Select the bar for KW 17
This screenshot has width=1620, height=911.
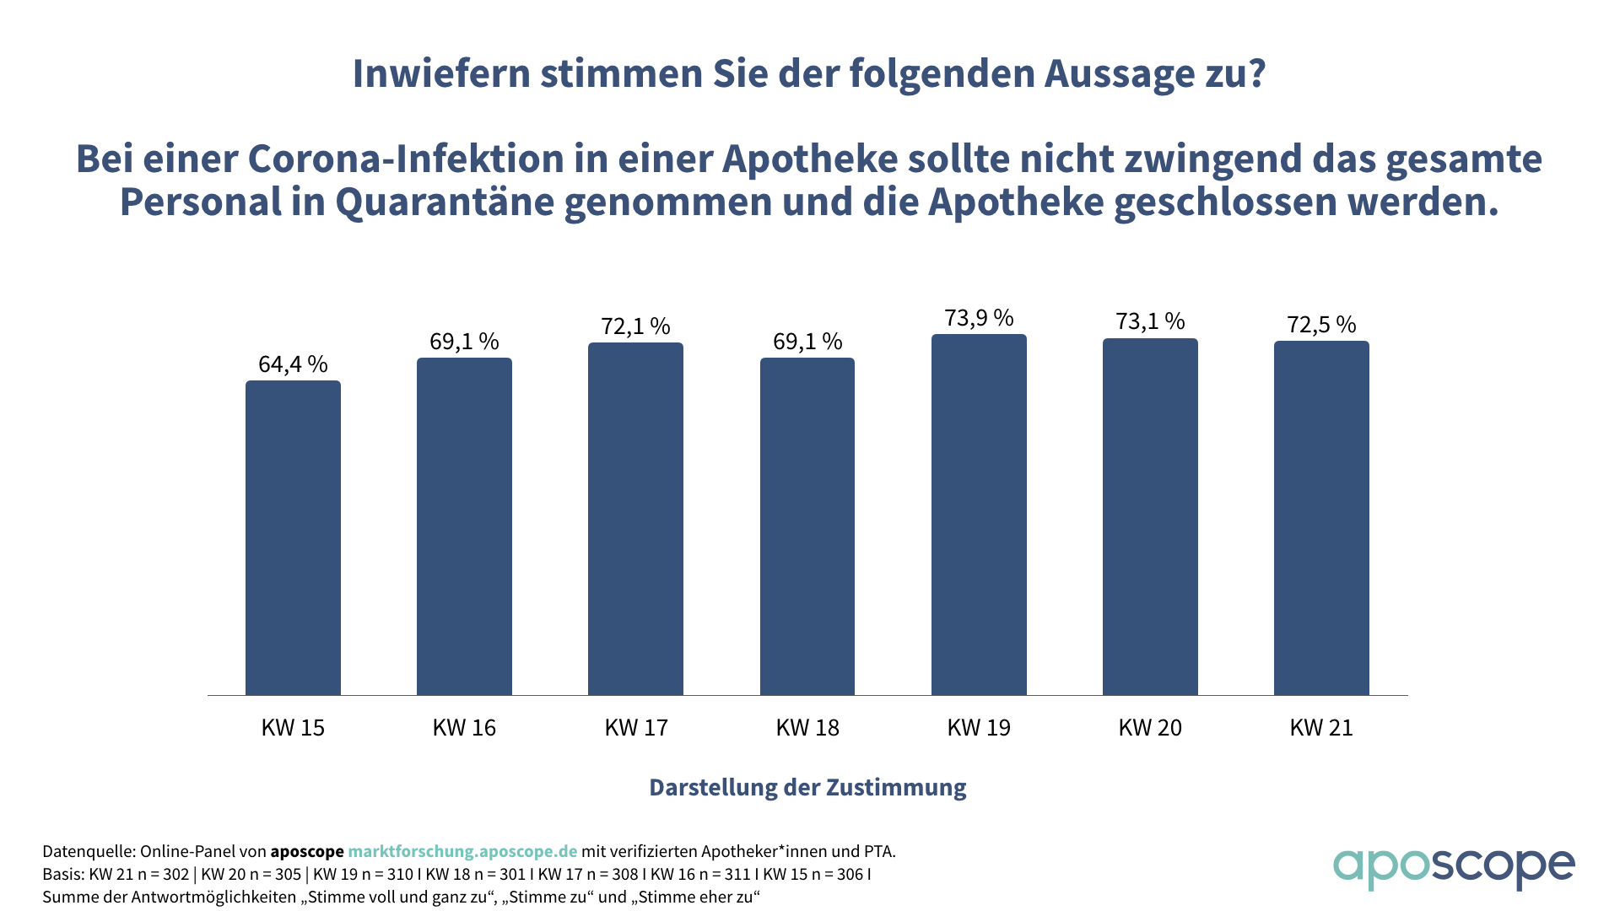[635, 519]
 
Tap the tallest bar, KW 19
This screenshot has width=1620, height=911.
[979, 515]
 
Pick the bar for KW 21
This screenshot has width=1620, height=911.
[1321, 518]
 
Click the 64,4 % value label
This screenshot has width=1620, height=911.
[293, 364]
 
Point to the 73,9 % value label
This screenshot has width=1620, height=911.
[979, 318]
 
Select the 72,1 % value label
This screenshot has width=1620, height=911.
[635, 326]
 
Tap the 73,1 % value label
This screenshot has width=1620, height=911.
[1150, 321]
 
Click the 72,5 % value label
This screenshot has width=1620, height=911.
[1321, 325]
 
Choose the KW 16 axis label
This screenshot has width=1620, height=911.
[464, 728]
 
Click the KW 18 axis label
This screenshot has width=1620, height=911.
[807, 728]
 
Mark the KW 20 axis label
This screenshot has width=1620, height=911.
[1150, 728]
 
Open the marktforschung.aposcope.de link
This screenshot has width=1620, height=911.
[462, 851]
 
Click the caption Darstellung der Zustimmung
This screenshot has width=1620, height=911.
[807, 787]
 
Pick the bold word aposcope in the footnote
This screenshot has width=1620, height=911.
[307, 851]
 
